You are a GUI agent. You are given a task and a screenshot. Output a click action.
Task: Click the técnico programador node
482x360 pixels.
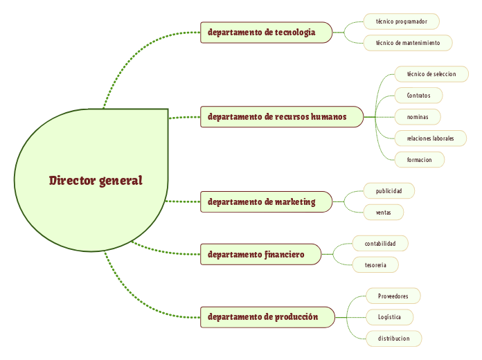click(x=401, y=21)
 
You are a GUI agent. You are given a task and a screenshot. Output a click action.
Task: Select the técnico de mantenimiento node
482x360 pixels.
click(x=407, y=43)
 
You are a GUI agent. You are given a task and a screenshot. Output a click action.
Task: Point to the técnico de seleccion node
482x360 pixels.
click(x=431, y=74)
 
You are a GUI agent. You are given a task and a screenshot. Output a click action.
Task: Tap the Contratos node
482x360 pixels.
click(x=418, y=96)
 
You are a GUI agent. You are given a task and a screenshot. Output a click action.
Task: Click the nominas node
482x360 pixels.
click(x=417, y=117)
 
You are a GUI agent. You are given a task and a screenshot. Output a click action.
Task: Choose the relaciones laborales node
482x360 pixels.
click(x=430, y=138)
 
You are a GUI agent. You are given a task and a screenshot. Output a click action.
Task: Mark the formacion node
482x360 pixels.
click(x=419, y=160)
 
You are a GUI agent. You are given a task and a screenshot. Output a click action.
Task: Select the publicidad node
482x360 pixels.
click(x=389, y=190)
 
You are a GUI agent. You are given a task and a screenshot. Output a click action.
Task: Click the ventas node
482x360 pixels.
click(x=383, y=213)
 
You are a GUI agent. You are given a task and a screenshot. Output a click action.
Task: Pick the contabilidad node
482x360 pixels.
click(x=380, y=244)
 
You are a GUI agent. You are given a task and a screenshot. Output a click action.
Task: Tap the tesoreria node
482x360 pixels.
click(x=375, y=265)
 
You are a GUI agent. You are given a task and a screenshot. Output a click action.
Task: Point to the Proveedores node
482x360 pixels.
click(x=393, y=296)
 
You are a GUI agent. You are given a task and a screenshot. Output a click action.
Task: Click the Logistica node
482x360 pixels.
click(x=389, y=317)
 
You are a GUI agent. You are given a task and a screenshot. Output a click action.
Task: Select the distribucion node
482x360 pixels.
click(x=393, y=339)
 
